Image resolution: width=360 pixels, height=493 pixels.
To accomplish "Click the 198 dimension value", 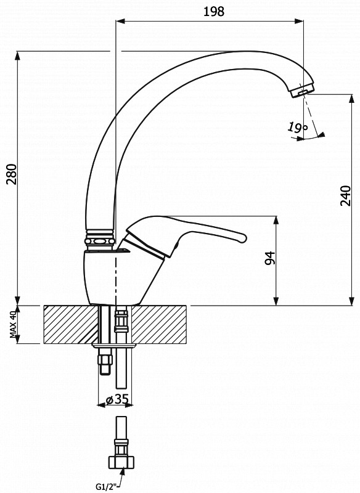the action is [x=214, y=12].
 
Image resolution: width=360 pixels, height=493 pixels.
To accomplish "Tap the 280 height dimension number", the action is [x=12, y=174].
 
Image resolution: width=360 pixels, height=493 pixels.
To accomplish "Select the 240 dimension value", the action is [x=346, y=195].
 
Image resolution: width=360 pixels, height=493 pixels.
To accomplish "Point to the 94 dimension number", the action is [x=270, y=258].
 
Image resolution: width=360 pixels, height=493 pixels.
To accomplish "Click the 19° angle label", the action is [x=297, y=127].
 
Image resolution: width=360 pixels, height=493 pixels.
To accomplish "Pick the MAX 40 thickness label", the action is [x=13, y=324].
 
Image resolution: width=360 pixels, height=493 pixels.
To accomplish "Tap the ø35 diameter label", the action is [x=117, y=399].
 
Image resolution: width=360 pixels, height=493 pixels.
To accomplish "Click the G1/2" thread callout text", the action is [x=106, y=487].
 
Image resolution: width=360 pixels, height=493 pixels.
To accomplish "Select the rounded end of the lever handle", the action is [x=243, y=238].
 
